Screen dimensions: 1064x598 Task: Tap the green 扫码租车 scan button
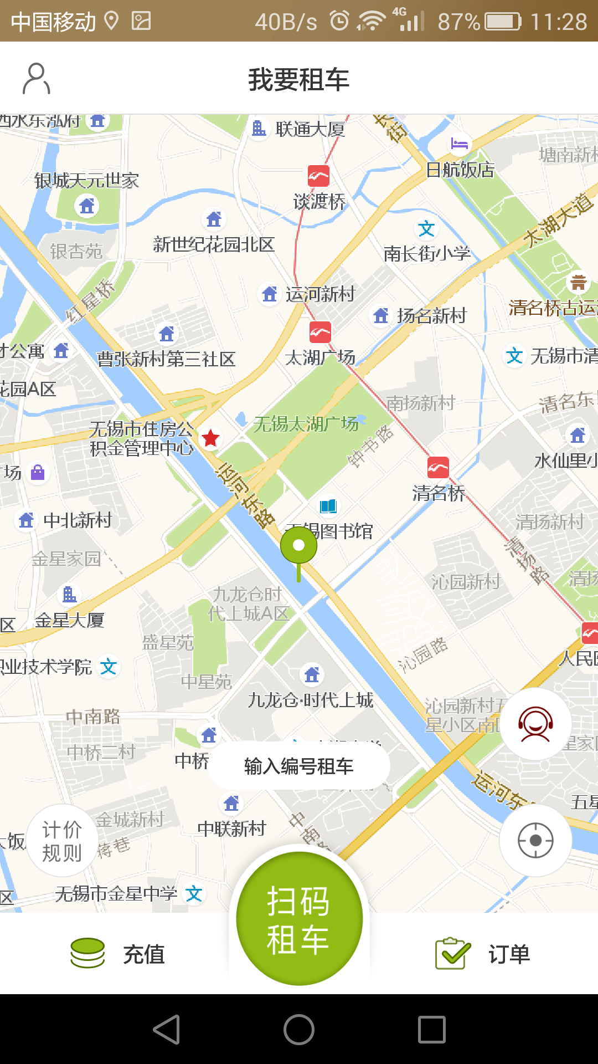click(x=299, y=919)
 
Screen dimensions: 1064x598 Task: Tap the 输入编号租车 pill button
click(x=299, y=766)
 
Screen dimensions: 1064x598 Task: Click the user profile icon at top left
click(x=37, y=79)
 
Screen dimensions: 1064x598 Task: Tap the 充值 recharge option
click(x=118, y=954)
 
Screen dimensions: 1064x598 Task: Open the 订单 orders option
click(x=483, y=954)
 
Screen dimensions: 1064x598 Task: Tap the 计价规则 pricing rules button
click(x=61, y=841)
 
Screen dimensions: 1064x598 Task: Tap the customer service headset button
click(x=535, y=724)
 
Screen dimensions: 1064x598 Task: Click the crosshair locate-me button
click(x=535, y=841)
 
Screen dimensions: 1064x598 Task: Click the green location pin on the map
click(x=298, y=546)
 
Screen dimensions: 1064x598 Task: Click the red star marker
click(x=210, y=438)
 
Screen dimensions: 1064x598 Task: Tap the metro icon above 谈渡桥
click(x=318, y=176)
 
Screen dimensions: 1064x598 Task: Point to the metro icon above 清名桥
click(x=438, y=468)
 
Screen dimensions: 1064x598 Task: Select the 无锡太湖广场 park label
click(x=306, y=424)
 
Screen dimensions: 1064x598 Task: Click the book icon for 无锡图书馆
click(x=328, y=506)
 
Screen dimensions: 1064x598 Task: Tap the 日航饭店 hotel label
click(x=460, y=170)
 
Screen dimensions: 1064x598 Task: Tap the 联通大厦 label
click(x=310, y=129)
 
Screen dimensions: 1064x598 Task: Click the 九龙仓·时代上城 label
click(x=311, y=700)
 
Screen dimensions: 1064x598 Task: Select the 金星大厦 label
click(x=69, y=620)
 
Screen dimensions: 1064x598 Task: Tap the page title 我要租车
click(x=299, y=79)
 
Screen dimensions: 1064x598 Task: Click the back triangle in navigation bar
click(x=167, y=1030)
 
